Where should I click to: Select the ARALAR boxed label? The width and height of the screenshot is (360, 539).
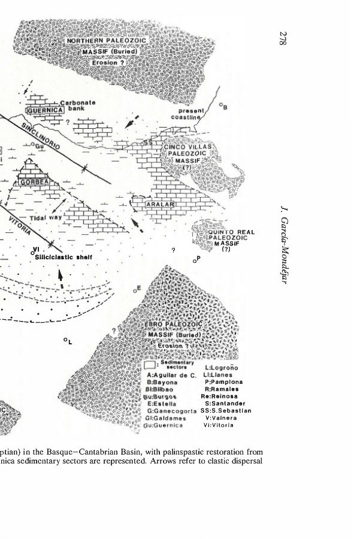click(x=161, y=206)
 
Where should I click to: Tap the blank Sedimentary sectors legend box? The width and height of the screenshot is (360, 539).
click(x=152, y=364)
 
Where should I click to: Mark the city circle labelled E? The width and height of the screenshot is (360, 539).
click(x=135, y=292)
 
